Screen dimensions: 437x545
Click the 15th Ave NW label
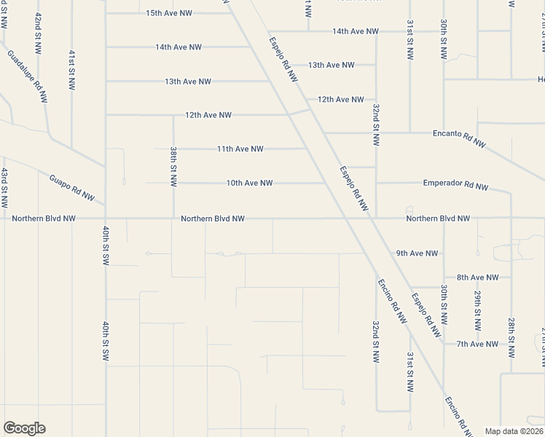[168, 13]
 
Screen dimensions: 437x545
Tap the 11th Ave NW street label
[240, 149]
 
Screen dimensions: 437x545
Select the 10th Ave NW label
[249, 183]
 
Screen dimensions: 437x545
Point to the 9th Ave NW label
[417, 253]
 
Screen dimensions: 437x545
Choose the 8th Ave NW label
[478, 277]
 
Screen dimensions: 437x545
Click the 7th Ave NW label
[477, 344]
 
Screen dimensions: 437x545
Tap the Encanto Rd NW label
[459, 138]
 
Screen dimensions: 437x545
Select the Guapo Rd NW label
[72, 187]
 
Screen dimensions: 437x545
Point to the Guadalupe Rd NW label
[28, 76]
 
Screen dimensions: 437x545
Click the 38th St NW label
[173, 166]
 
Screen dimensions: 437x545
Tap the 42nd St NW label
[37, 31]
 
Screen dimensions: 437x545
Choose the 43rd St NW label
[4, 186]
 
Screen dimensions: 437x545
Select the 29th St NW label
[477, 307]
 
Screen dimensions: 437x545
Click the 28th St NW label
[511, 336]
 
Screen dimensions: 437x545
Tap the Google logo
[24, 428]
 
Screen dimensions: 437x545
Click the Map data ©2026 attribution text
[513, 431]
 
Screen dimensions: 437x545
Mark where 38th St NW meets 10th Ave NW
[173, 183]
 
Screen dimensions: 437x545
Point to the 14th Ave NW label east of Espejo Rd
[356, 31]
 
